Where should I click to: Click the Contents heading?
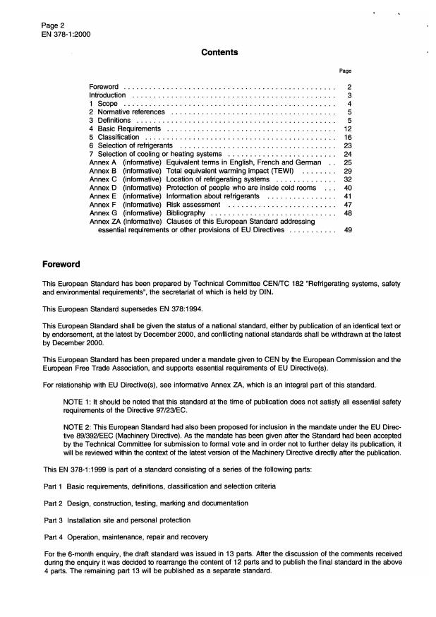click(219, 52)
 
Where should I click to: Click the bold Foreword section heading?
click(61, 265)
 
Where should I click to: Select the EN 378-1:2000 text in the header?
click(66, 34)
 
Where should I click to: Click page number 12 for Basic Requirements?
click(347, 129)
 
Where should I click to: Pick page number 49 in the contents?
click(347, 229)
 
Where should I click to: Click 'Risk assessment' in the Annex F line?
click(193, 204)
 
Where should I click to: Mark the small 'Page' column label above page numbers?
click(346, 71)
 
